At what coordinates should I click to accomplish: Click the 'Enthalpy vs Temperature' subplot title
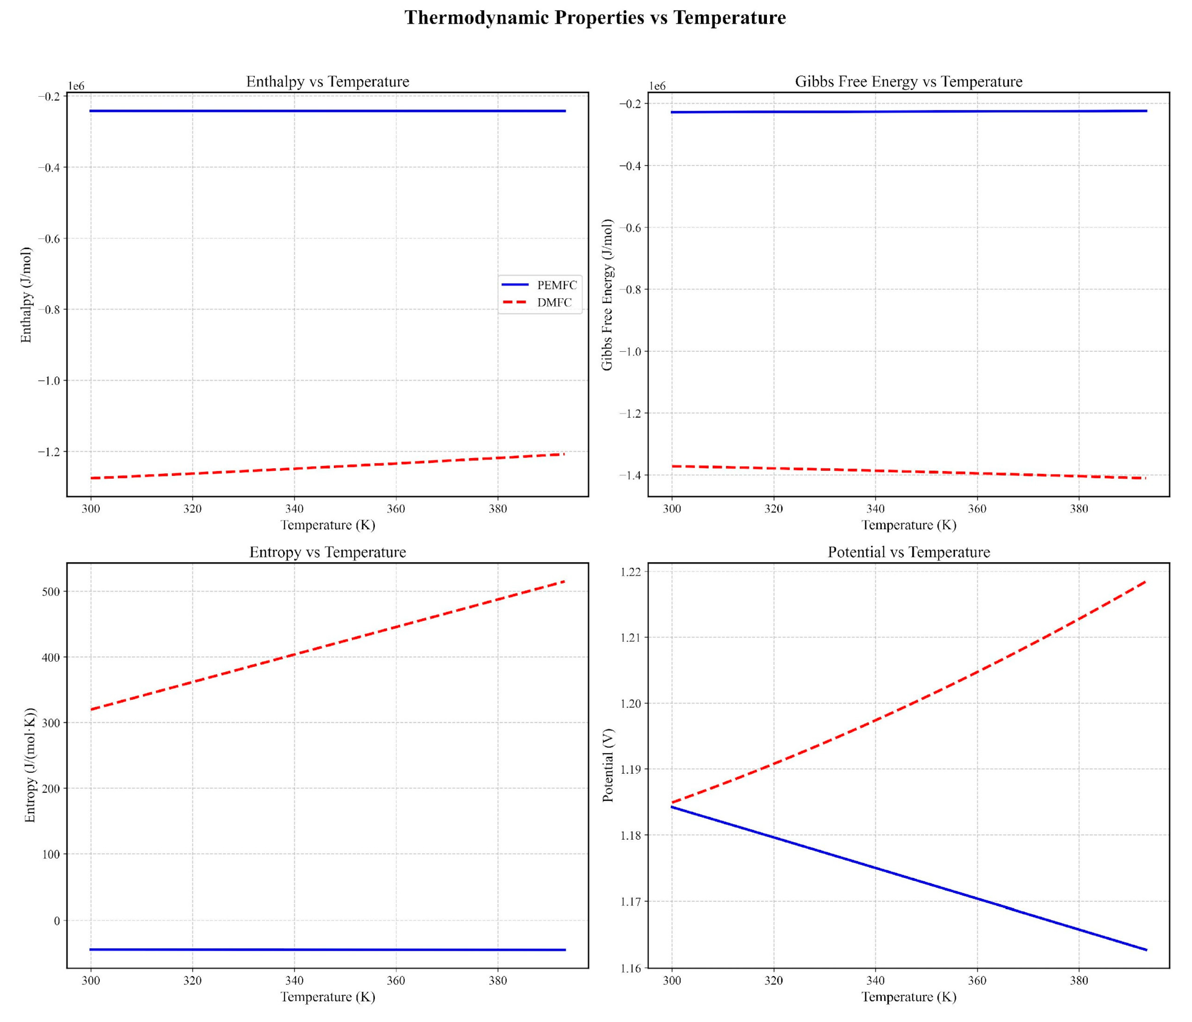point(327,82)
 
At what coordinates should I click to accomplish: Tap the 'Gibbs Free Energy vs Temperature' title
point(908,82)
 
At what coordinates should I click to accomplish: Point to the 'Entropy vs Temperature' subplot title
point(327,552)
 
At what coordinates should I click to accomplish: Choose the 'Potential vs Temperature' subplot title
point(908,552)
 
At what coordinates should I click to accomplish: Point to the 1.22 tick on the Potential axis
point(631,572)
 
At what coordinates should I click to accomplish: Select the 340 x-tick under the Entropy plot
point(294,981)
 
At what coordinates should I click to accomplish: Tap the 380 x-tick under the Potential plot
point(1079,981)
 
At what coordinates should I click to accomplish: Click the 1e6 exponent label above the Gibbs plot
point(658,86)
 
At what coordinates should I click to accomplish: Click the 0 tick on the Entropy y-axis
point(56,921)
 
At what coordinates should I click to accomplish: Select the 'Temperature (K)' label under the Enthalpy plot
point(327,525)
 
